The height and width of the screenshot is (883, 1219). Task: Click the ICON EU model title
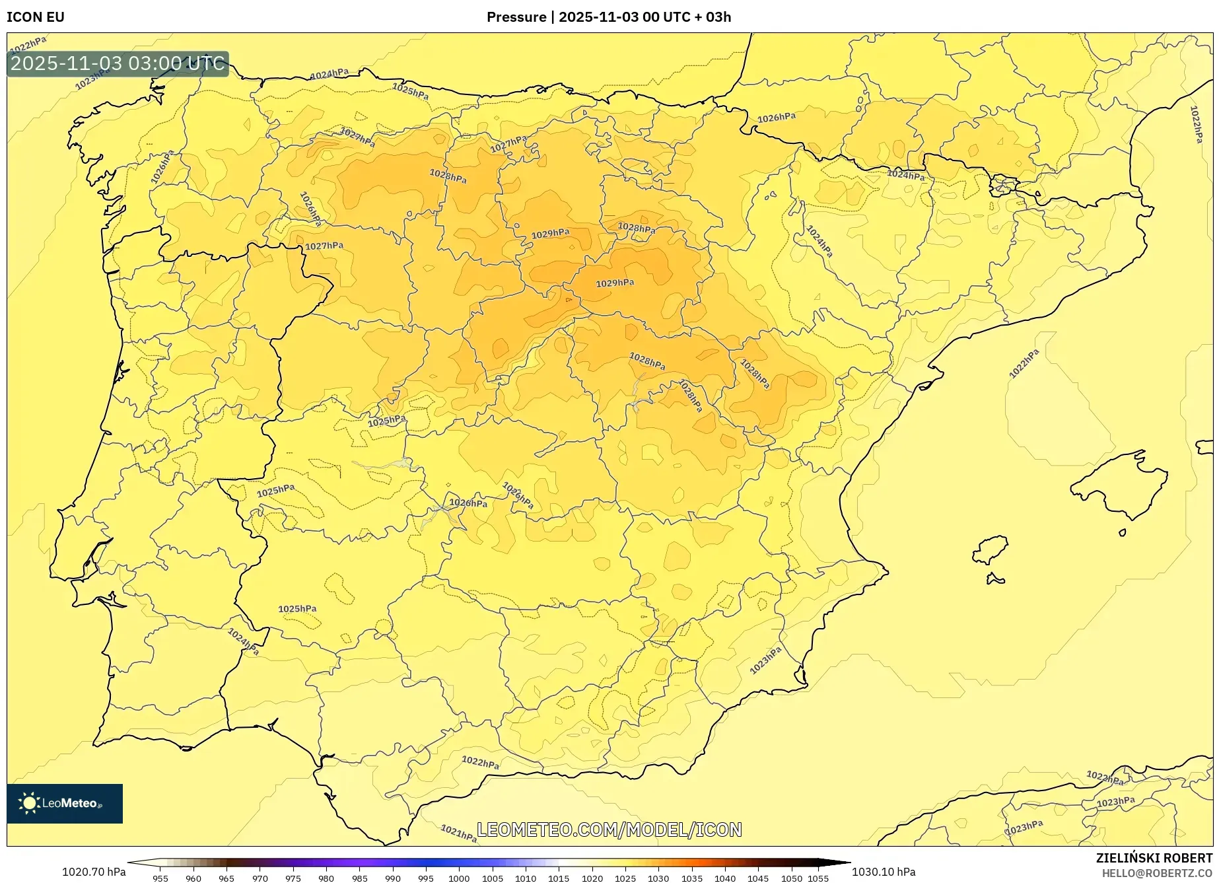[36, 17]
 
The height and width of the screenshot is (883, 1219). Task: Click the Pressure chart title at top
[608, 17]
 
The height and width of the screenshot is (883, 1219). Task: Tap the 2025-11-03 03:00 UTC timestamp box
[118, 63]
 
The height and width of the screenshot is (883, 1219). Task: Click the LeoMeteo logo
[65, 803]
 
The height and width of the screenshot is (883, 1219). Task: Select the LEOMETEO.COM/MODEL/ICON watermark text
[609, 830]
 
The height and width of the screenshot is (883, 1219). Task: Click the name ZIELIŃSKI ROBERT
[1154, 858]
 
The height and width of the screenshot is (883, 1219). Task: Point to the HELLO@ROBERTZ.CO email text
[1156, 873]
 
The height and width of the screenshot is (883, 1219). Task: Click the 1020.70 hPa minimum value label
[94, 872]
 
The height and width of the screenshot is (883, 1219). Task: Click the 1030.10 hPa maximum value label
[884, 872]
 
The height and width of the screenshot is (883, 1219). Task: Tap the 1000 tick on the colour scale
[458, 878]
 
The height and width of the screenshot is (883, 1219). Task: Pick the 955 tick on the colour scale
[160, 878]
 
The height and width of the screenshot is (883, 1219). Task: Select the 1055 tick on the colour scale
[818, 878]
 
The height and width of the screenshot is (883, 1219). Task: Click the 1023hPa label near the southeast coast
[765, 660]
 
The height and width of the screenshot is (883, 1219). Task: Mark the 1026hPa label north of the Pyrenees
[776, 118]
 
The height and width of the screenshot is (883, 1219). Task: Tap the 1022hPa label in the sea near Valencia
[1024, 364]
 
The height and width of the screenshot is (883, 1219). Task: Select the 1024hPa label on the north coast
[330, 73]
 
